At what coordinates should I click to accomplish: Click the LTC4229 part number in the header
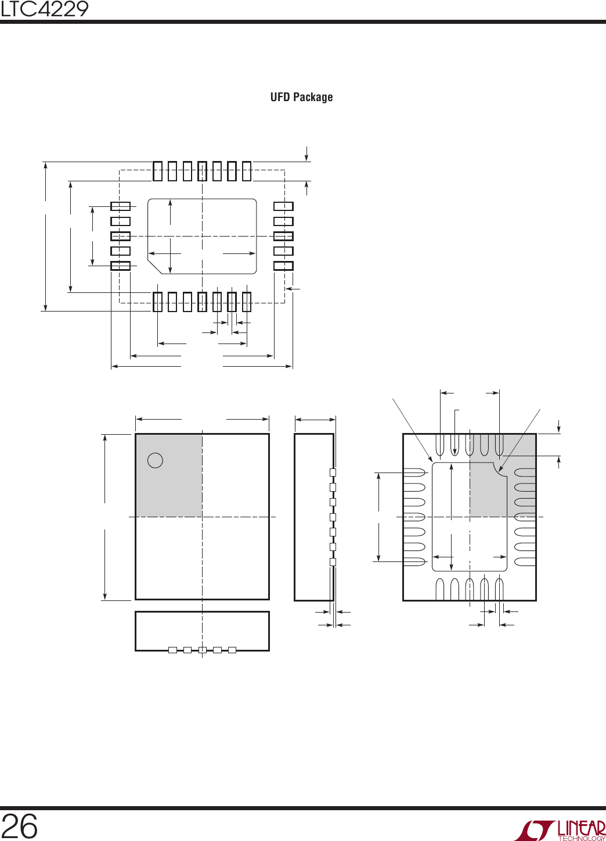44,9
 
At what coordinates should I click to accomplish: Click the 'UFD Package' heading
301,97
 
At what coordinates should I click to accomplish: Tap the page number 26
19,825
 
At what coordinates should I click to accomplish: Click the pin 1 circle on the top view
155,460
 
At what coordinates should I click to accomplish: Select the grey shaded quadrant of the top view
169,475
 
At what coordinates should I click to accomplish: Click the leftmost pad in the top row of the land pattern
157,171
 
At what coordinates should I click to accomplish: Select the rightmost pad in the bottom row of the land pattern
246,302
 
